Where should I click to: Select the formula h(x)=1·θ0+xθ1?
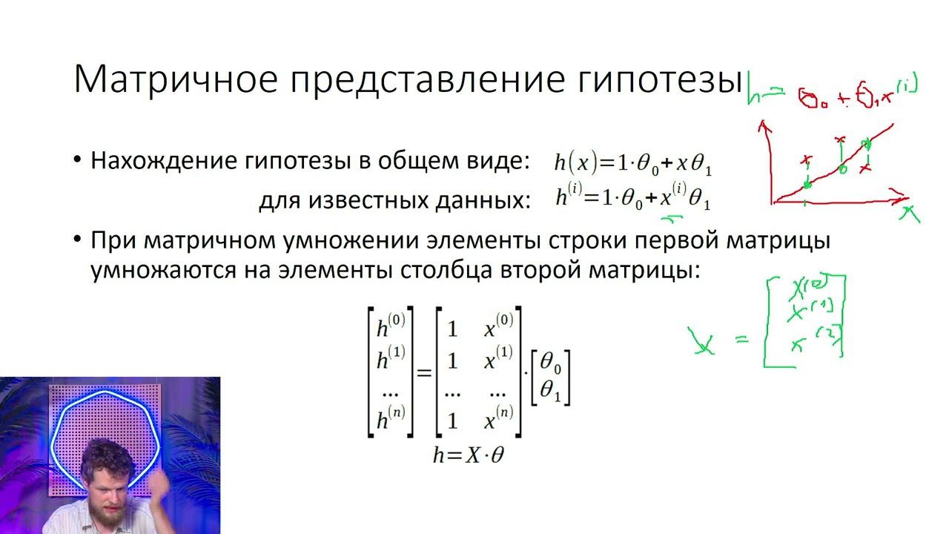[x=633, y=162]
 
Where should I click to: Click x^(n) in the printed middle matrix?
[x=498, y=420]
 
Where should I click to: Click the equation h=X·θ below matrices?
[x=469, y=455]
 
